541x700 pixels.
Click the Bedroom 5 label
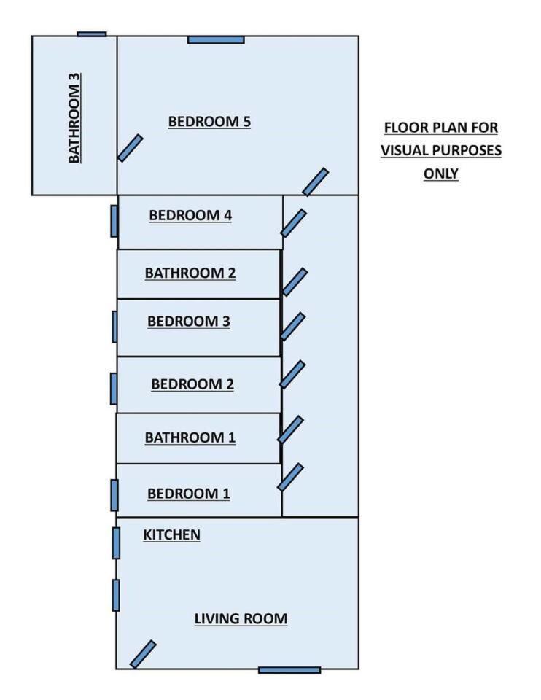pos(209,122)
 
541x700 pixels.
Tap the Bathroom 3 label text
pos(74,117)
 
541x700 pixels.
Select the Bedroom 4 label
pos(190,216)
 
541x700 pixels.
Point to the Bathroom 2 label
pos(190,273)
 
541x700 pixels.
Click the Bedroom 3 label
pos(189,322)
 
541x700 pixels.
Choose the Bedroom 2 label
pos(192,384)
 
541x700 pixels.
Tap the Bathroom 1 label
pos(190,438)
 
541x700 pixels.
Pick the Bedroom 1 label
pos(189,494)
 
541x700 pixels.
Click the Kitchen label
pos(171,535)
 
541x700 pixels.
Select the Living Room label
pos(241,619)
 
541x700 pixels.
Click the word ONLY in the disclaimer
pos(441,174)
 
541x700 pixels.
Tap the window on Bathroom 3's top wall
pos(92,34)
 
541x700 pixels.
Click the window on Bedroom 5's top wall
pos(216,39)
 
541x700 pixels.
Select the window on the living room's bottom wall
pos(289,670)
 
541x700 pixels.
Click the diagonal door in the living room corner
pos(143,654)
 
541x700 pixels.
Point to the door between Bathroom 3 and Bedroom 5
pos(131,148)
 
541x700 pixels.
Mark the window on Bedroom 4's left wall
pos(114,221)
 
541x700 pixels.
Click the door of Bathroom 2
pos(295,281)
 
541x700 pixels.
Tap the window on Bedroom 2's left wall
pos(113,388)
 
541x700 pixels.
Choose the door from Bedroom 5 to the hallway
pos(316,182)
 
